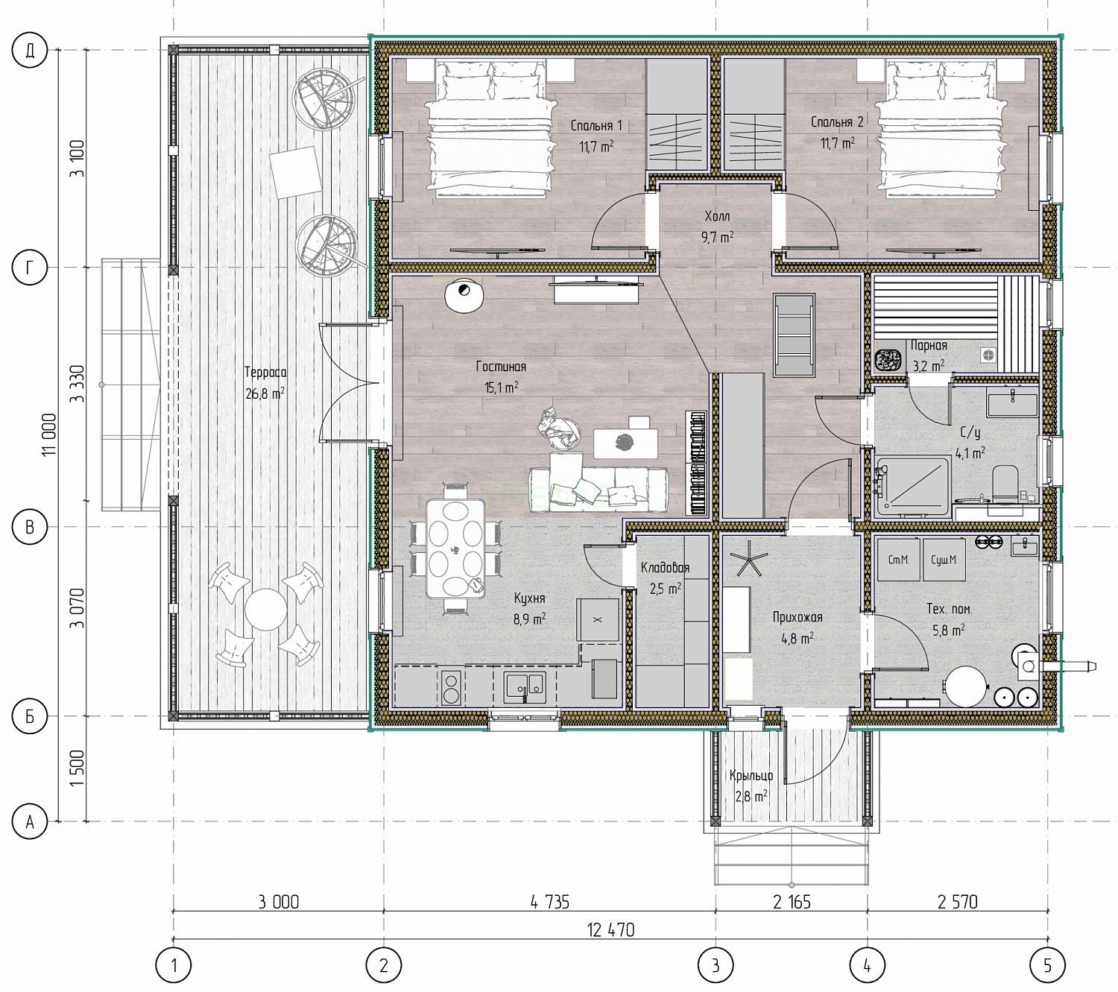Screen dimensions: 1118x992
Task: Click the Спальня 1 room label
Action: click(596, 126)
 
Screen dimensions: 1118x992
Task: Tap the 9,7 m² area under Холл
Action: click(717, 237)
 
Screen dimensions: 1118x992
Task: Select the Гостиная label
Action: click(501, 367)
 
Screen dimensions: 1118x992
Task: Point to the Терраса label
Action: click(265, 373)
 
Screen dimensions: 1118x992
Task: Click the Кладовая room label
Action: click(665, 568)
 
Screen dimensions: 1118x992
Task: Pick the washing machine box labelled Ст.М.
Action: click(898, 560)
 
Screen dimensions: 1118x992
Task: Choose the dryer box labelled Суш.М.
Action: click(944, 560)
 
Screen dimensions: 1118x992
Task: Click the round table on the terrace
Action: click(265, 610)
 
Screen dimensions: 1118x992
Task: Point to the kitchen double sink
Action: click(525, 685)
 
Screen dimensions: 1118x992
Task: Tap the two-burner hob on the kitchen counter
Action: click(452, 687)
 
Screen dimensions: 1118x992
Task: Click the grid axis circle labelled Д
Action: click(30, 50)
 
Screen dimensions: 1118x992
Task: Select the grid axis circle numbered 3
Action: click(716, 965)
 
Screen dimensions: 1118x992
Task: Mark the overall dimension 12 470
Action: click(610, 930)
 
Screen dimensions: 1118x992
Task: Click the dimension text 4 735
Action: click(549, 902)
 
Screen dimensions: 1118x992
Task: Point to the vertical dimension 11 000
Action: click(49, 435)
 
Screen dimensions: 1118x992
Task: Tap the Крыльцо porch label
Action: click(751, 775)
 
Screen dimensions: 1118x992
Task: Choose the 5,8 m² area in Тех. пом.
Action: click(949, 630)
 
